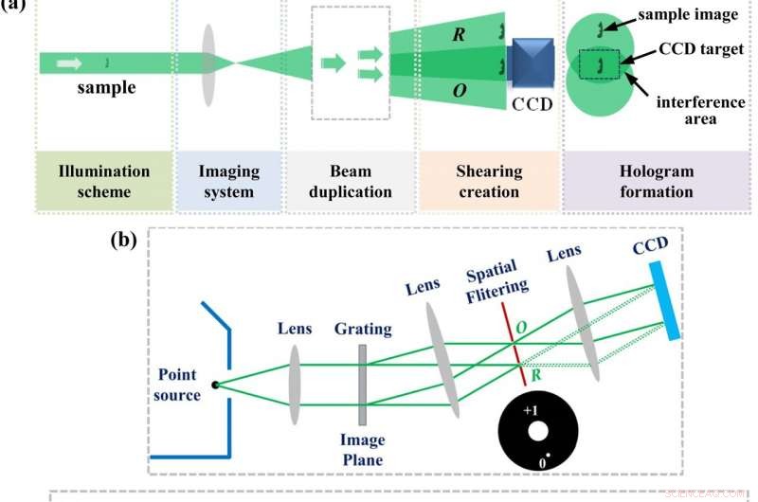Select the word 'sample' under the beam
point(105,88)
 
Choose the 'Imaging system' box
point(227,181)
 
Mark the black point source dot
point(217,384)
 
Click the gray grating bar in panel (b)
point(362,384)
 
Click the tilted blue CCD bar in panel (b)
point(664,299)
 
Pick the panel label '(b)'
point(123,238)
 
